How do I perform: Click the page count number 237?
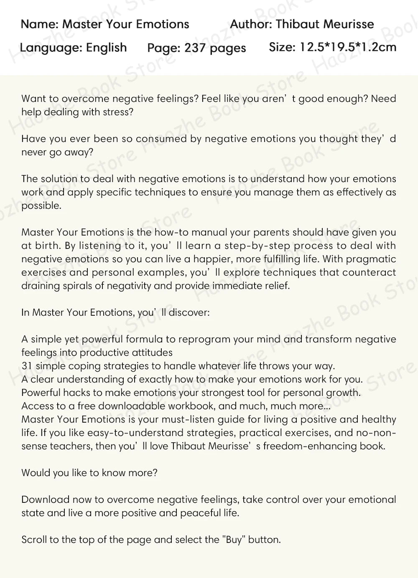(195, 48)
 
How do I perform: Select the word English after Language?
(106, 48)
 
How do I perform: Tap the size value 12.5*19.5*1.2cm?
(348, 47)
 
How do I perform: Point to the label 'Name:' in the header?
(40, 24)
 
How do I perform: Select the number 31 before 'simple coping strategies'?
(27, 366)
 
